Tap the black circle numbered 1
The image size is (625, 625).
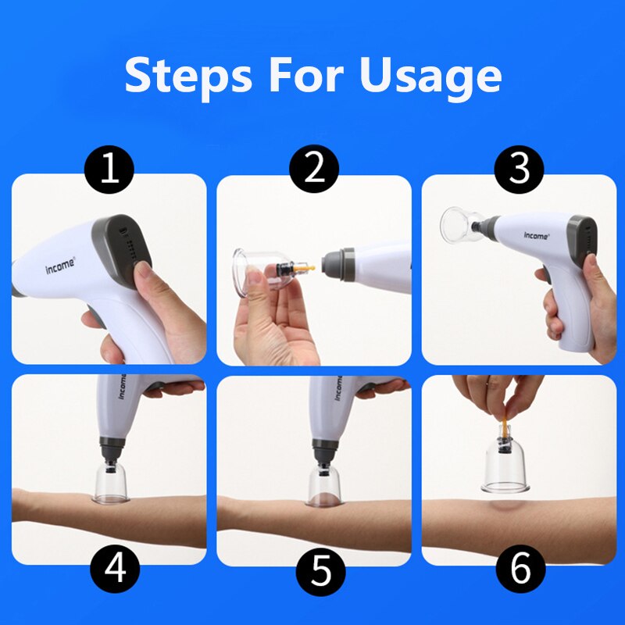109,170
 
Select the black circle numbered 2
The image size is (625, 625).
314,170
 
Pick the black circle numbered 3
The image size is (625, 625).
520,170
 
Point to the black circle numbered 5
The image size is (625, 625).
321,571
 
